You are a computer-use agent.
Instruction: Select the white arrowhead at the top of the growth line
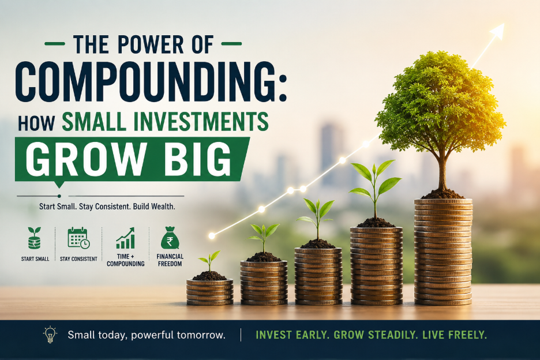(497, 31)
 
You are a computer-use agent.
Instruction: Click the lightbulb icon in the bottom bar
(50, 335)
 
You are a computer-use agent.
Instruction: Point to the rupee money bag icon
(170, 238)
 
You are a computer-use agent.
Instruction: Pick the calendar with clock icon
(79, 238)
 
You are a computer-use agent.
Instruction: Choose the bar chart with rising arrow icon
(125, 238)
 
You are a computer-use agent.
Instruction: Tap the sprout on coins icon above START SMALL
(35, 238)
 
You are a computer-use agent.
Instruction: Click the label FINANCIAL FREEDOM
(170, 260)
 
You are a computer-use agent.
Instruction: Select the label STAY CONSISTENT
(78, 258)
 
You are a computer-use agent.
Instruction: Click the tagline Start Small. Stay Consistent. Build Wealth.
(107, 207)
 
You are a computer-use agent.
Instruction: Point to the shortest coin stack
(210, 292)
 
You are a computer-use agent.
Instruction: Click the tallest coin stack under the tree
(443, 252)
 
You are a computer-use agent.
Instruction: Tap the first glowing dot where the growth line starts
(212, 235)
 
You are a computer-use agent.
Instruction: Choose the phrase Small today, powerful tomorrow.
(147, 335)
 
